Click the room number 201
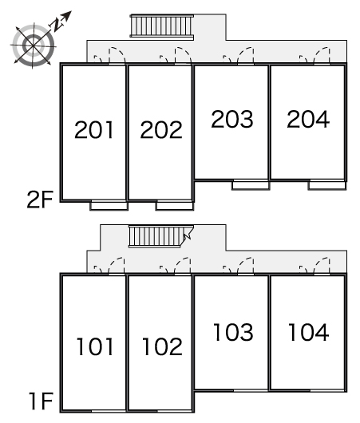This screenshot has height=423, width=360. pos(93,130)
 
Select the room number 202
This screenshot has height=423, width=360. pos(161,130)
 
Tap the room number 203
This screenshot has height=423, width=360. pos(232,119)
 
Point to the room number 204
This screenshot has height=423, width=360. pos(308,119)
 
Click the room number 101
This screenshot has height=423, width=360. pos(95,346)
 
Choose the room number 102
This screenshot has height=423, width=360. pos(162,346)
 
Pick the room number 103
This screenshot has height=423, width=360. pos(233,332)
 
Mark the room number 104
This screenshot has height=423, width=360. pos(309,332)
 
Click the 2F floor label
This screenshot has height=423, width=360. pos(40,200)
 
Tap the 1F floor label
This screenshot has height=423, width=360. pos(41,401)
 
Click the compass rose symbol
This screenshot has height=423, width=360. pos(33,45)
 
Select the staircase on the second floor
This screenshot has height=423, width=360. pos(162,26)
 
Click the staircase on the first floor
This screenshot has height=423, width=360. pos(160,236)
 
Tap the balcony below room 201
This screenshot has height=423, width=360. pos(109,206)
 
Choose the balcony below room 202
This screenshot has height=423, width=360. pos(175,206)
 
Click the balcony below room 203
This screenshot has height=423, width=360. pos(251,185)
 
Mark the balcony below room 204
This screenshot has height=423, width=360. pos(327,185)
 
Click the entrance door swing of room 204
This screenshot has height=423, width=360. pos(322,56)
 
